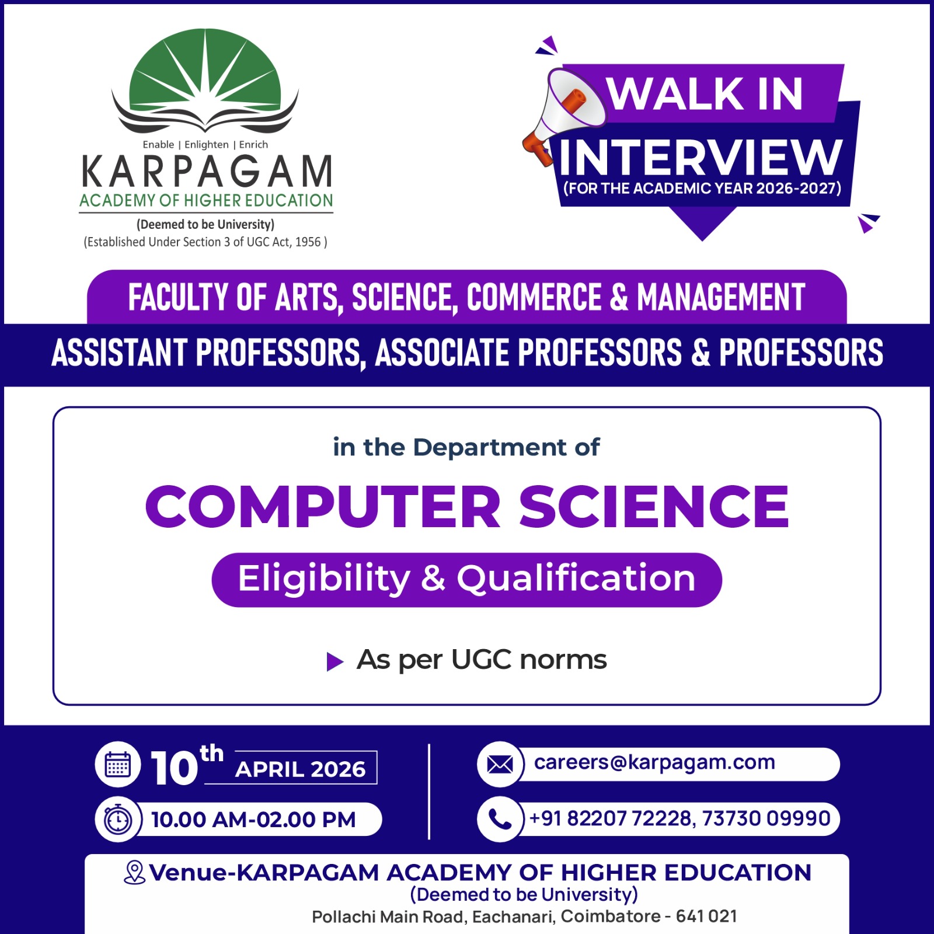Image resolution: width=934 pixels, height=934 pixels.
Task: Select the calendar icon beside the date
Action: click(x=118, y=765)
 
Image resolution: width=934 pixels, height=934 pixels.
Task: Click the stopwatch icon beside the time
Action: click(x=118, y=819)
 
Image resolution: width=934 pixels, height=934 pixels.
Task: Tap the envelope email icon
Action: click(x=500, y=764)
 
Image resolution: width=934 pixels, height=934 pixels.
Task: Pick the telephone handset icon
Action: click(x=500, y=819)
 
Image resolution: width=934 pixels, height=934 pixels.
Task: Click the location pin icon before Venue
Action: click(x=135, y=872)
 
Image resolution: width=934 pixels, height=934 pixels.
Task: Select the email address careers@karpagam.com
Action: click(x=654, y=762)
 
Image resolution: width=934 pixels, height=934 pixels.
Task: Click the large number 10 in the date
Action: click(x=175, y=768)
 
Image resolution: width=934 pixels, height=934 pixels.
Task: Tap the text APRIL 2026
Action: click(x=300, y=769)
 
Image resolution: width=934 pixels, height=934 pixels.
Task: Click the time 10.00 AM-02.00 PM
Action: click(x=253, y=820)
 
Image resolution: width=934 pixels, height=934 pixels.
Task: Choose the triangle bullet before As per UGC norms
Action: click(x=334, y=662)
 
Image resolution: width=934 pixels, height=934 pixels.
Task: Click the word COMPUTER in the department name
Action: click(x=323, y=506)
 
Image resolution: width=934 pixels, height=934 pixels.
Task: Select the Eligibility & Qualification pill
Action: click(x=466, y=580)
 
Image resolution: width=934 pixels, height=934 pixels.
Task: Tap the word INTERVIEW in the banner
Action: click(x=700, y=158)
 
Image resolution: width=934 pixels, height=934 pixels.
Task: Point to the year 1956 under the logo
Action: click(x=308, y=242)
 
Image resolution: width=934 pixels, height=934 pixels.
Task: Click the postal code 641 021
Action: click(x=706, y=916)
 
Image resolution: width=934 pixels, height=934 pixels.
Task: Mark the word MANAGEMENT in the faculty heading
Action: click(x=721, y=297)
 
